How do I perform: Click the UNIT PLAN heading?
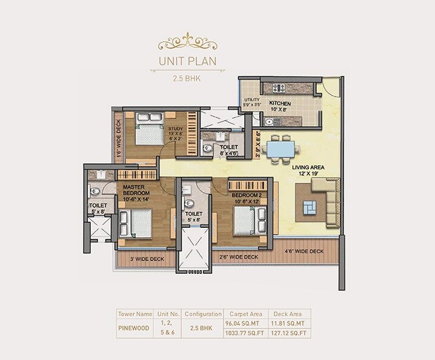[x=187, y=61]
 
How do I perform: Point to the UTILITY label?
[x=252, y=100]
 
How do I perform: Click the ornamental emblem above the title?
[x=187, y=42]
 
